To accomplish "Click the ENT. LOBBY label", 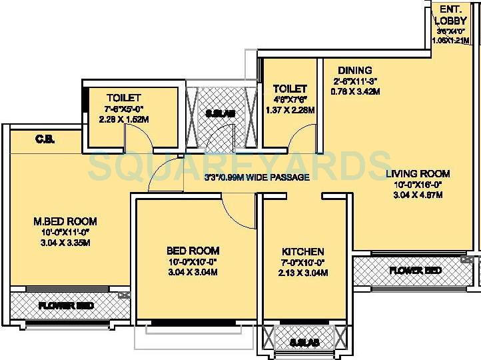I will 447,15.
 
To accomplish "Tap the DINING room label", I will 354,70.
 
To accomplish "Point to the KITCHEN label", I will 303,251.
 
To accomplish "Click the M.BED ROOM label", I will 65,221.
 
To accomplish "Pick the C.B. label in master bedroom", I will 45,139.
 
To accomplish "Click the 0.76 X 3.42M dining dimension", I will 355,91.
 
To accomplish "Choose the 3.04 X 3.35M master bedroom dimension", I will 65,242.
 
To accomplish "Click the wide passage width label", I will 256,177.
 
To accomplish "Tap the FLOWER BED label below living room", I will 415,271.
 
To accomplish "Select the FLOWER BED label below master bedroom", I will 65,306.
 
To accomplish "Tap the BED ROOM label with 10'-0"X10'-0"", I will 193,251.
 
